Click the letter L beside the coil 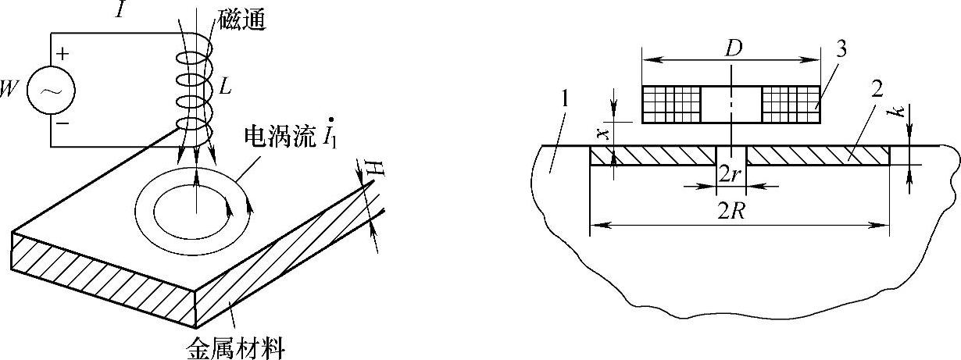tap(225, 87)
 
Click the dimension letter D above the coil tap(731, 48)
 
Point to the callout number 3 tap(841, 48)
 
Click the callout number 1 tap(566, 101)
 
